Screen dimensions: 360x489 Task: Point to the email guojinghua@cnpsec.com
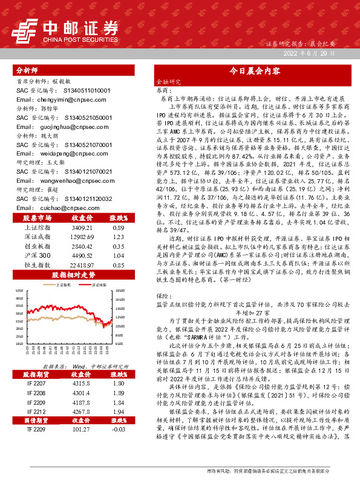pyautogui.click(x=54, y=126)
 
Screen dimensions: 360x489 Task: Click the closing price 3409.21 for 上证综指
pyautogui.click(x=82, y=228)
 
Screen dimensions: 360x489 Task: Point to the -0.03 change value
pyautogui.click(x=118, y=445)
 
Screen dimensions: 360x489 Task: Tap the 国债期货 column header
pyautogui.click(x=36, y=436)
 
